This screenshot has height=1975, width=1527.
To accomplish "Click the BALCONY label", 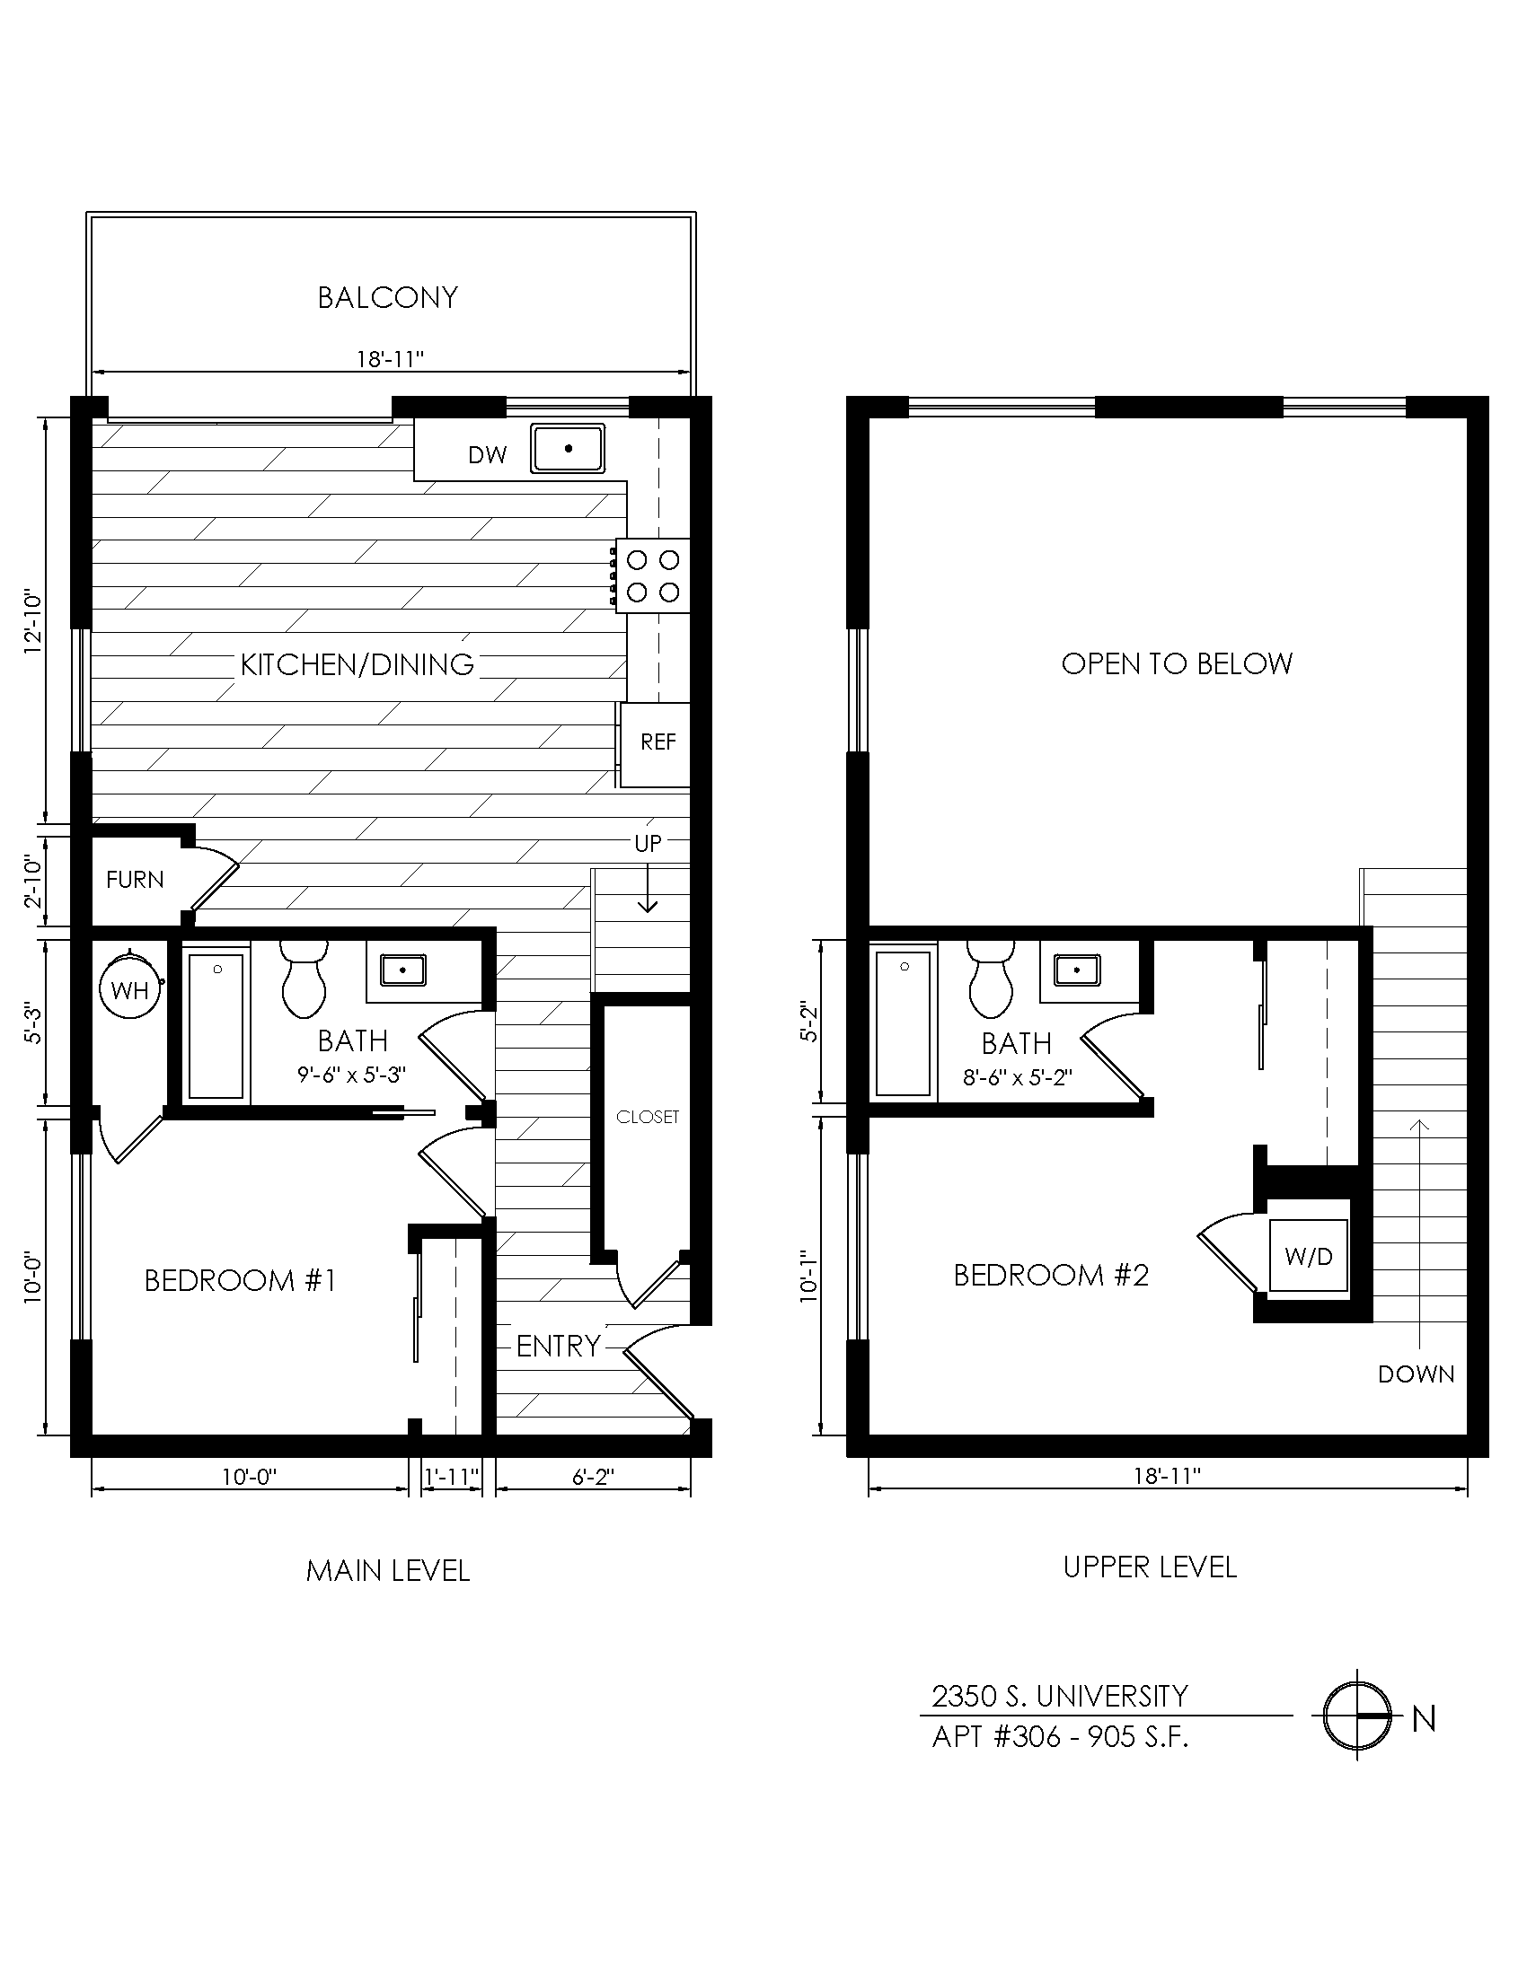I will pyautogui.click(x=387, y=297).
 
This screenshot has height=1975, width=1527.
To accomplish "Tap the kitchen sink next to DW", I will pyautogui.click(x=568, y=449).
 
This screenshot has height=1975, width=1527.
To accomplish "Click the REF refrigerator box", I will pyautogui.click(x=658, y=742).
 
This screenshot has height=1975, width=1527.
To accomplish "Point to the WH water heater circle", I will pyautogui.click(x=130, y=989).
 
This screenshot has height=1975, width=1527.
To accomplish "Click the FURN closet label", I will pyautogui.click(x=135, y=880).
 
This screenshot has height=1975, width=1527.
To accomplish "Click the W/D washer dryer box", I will pyautogui.click(x=1308, y=1256).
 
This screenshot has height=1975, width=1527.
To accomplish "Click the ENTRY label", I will pyautogui.click(x=558, y=1347).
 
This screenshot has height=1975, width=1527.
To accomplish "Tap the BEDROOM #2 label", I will pyautogui.click(x=1050, y=1275).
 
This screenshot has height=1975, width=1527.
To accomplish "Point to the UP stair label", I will pyautogui.click(x=648, y=844).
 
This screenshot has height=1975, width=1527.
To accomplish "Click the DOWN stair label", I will pyautogui.click(x=1416, y=1374).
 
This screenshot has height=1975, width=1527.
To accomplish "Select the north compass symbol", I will pyautogui.click(x=1357, y=1716).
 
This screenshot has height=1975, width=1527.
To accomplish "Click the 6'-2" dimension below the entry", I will pyautogui.click(x=593, y=1478).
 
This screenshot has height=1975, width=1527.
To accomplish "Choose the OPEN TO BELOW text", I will pyautogui.click(x=1176, y=663).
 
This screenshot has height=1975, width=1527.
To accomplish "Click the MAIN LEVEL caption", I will pyautogui.click(x=388, y=1571).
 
